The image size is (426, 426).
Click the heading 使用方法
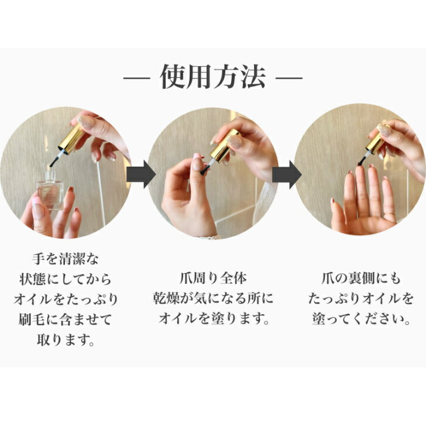pos(213,78)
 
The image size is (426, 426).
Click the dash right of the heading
pos(288,78)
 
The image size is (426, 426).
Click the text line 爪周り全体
pos(214,277)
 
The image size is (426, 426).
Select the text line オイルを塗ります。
pos(214,319)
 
